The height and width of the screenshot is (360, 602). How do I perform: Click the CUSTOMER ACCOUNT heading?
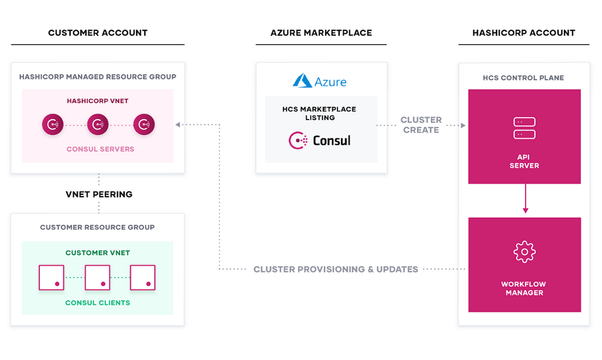coord(98,33)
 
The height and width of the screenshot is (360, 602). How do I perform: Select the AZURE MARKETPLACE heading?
coord(321,33)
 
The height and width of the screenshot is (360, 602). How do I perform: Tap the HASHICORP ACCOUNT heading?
coord(524,33)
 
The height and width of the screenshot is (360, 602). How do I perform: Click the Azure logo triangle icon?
coord(302,81)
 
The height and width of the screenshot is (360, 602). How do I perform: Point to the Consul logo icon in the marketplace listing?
coord(298,141)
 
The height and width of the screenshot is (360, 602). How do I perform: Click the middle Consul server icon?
coord(98,125)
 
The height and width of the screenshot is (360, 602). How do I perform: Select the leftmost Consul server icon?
coord(52,125)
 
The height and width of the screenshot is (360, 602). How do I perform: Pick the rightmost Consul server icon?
coord(143,125)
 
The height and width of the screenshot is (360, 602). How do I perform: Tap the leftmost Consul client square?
coord(51,277)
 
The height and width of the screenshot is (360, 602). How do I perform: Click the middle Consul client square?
coord(98,277)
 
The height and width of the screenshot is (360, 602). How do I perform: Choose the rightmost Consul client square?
coord(142,277)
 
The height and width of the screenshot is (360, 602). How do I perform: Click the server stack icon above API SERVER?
coord(524,128)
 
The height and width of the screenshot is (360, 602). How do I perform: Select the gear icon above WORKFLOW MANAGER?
coord(524,252)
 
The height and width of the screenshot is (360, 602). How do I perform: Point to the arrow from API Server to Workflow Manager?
coord(525,201)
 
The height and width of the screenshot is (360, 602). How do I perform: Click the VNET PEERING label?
coord(99,194)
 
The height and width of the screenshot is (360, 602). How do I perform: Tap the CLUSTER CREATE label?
coord(421,125)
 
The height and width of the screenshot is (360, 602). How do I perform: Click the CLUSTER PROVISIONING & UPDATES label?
coord(336,269)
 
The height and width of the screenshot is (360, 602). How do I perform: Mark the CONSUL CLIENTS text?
coord(98,303)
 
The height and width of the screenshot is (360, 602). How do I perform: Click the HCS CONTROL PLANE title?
coord(523,78)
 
